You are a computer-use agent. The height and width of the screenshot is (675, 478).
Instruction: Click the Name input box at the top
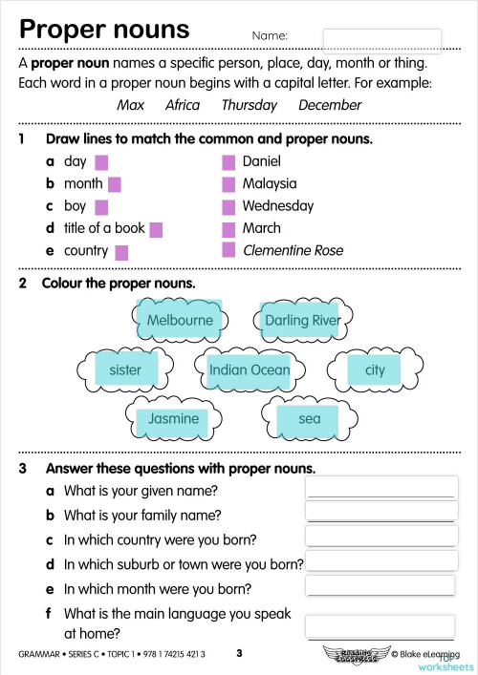point(382,39)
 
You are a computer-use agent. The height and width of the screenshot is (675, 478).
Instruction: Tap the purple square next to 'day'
point(101,161)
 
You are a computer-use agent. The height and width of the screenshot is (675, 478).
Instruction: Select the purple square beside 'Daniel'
point(228,161)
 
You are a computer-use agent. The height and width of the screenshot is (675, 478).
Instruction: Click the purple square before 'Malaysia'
point(228,183)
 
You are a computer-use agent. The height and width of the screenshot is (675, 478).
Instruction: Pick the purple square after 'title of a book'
point(156,229)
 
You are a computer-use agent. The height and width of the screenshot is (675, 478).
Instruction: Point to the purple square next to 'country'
point(121,252)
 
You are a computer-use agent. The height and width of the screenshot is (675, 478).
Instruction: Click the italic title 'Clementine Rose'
point(293,251)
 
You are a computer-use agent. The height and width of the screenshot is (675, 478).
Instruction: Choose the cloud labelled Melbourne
point(180,320)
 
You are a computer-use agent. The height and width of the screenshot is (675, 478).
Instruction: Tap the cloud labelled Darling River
point(302,320)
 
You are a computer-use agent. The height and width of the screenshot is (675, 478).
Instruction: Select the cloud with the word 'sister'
point(125,369)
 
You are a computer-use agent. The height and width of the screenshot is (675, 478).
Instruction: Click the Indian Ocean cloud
point(250,369)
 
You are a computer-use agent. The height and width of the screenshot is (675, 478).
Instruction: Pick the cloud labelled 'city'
point(375,369)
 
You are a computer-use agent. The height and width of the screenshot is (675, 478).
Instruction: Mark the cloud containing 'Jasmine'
point(173,418)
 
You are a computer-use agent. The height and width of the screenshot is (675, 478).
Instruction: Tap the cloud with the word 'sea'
point(310,418)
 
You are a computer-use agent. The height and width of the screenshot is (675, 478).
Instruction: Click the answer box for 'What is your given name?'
point(380,488)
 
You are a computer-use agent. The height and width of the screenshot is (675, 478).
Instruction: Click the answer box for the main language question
point(380,626)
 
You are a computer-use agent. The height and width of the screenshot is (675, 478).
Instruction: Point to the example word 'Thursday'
point(249,105)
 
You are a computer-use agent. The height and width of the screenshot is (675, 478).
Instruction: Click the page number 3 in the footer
point(240,653)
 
